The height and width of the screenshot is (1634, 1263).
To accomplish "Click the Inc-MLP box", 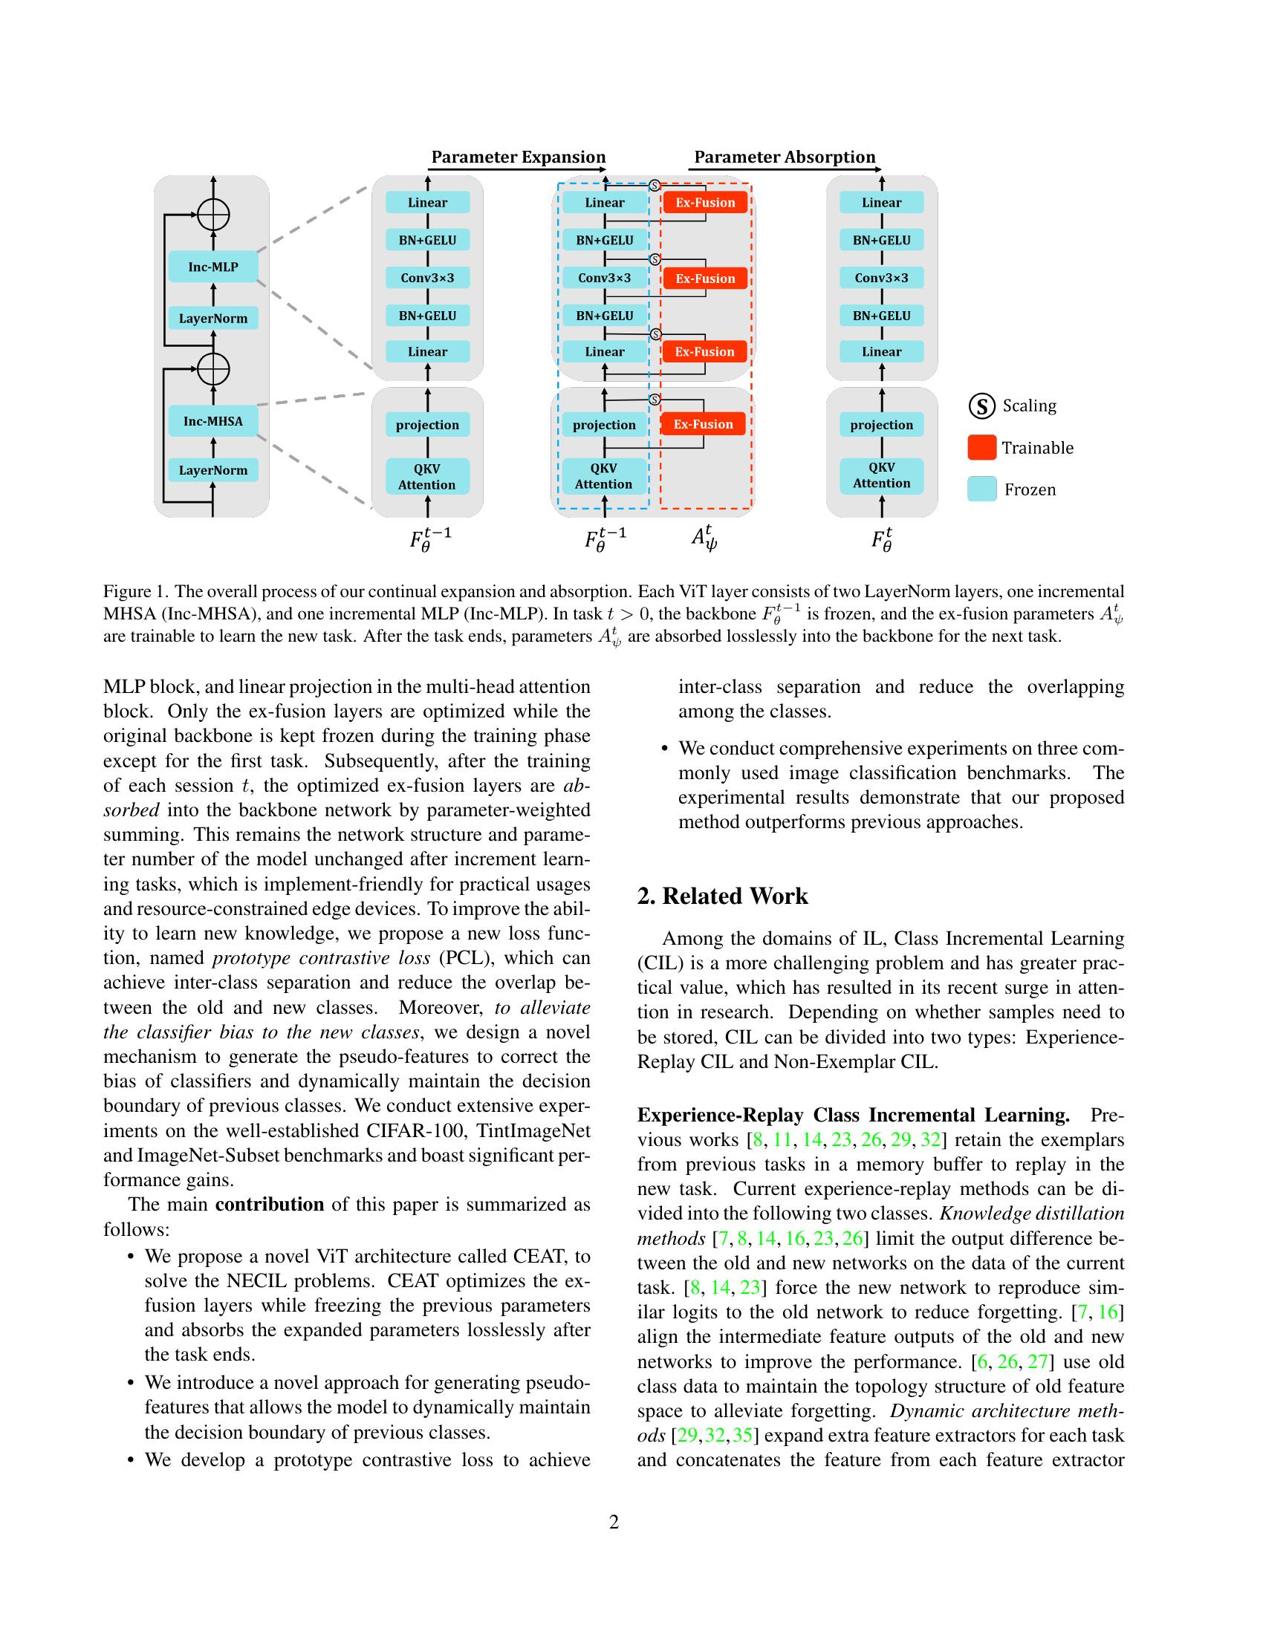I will [213, 267].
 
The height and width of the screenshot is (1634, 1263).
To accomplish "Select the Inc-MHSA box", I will [213, 421].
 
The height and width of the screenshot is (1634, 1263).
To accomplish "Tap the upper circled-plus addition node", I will [213, 215].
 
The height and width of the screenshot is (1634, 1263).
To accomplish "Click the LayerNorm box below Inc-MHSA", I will [213, 470].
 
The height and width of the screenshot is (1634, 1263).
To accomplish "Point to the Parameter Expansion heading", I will [519, 157].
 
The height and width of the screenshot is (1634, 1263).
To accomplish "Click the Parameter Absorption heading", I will [784, 157].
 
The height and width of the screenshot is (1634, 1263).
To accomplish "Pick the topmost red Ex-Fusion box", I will [705, 203].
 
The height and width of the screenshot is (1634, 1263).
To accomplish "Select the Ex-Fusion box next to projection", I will [703, 424].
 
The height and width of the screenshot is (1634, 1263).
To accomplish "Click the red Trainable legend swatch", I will [981, 447].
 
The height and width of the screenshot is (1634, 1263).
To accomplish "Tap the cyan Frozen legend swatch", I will [981, 489].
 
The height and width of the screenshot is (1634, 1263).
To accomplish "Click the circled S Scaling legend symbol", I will [981, 406].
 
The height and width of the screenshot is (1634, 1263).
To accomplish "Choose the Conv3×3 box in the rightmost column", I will [881, 278].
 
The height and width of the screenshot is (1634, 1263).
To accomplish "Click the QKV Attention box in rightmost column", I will [881, 475].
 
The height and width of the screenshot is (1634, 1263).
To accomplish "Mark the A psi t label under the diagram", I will [704, 538].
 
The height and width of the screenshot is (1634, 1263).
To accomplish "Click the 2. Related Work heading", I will [722, 896].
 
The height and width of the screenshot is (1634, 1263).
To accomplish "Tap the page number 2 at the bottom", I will [614, 1523].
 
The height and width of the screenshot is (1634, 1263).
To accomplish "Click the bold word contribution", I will [270, 1204].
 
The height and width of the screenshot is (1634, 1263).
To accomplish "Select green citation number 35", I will [742, 1435].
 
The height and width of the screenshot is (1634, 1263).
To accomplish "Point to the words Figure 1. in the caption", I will [134, 592].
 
